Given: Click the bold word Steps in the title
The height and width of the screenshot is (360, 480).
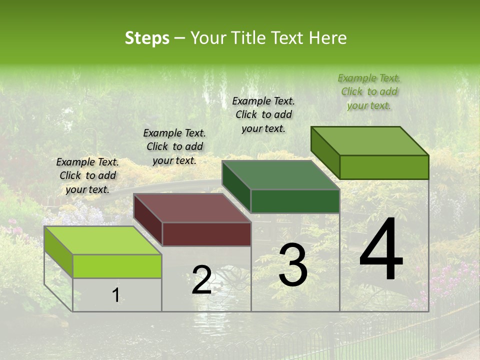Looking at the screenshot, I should tap(147, 38).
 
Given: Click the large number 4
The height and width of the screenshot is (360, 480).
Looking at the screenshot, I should tap(381, 250).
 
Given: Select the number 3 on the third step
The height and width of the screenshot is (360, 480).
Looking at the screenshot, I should tap(292, 265).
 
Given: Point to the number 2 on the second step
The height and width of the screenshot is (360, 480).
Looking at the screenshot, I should tap(201, 280).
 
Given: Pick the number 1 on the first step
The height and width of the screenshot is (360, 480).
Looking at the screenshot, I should tap(116, 295).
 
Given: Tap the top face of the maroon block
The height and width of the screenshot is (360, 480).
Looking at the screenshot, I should tap(192, 208).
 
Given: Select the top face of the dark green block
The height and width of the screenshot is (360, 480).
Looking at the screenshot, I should tap(280, 175).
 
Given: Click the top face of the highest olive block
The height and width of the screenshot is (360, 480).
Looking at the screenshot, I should tap(369, 141).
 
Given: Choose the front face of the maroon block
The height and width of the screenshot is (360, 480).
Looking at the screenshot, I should tap(206, 234).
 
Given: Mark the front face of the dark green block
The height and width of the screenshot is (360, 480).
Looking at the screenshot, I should tap(295, 201).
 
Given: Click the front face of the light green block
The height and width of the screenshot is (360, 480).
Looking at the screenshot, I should tap(117, 266).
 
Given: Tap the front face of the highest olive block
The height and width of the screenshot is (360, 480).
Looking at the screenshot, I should tap(384, 167).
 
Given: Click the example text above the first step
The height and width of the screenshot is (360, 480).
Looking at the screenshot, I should tap(87, 175).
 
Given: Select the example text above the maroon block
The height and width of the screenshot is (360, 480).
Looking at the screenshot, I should tap(174, 146).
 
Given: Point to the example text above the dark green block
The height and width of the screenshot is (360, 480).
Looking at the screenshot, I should tap(263, 114).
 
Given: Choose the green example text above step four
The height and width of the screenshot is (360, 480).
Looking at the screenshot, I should tap(369, 91).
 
